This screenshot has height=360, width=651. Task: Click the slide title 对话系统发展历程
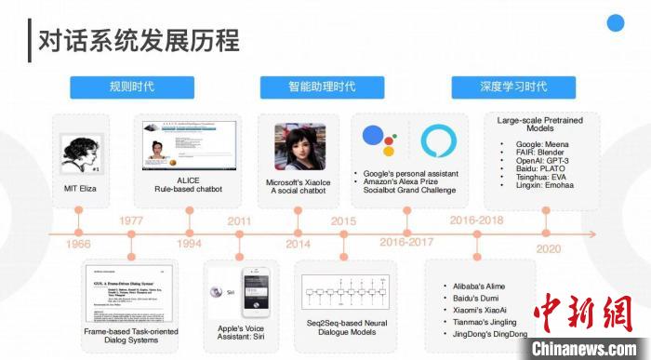tap(138, 40)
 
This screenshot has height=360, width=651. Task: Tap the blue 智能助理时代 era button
tap(321, 87)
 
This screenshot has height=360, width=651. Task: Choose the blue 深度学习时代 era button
tap(512, 87)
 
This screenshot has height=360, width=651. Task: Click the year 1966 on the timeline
tap(78, 244)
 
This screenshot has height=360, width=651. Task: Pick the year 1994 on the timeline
tap(191, 244)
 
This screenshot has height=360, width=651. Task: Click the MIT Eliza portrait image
tap(79, 152)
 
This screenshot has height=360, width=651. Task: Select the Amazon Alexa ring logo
tap(438, 140)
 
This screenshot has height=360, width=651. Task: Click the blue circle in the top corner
tap(615, 23)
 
